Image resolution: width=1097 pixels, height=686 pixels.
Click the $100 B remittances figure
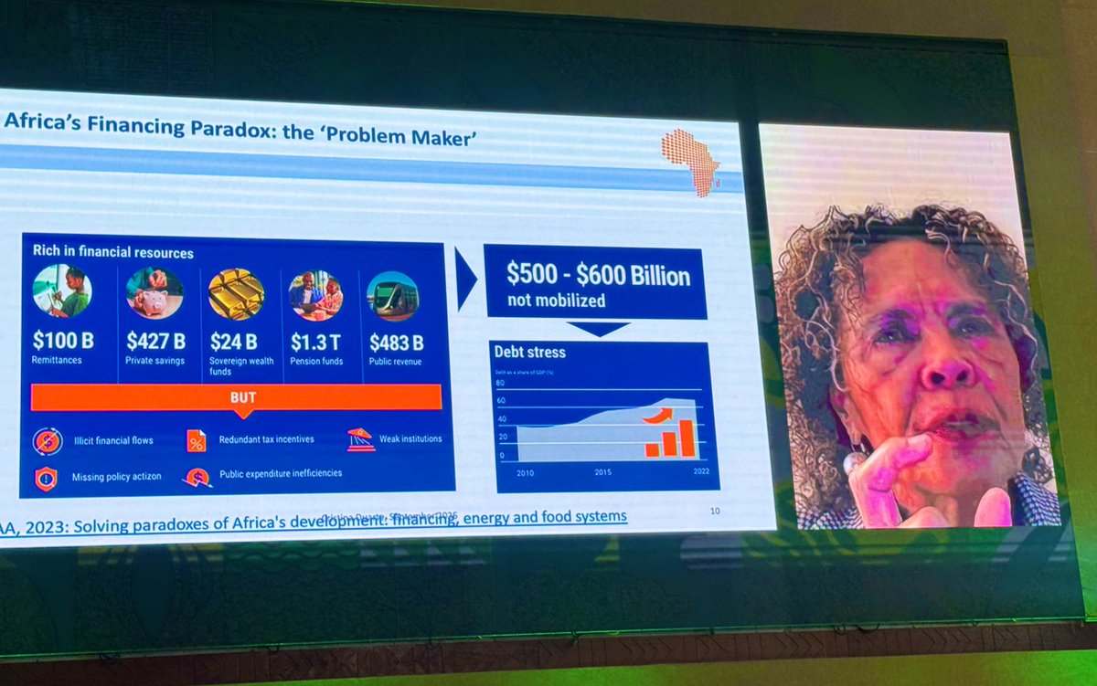[x=63, y=341]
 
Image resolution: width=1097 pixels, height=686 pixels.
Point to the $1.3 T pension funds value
[x=315, y=342]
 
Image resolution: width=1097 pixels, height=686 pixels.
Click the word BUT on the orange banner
[x=243, y=397]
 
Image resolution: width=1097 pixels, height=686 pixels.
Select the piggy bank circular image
[x=154, y=292]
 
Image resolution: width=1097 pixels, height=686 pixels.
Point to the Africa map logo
[x=691, y=161]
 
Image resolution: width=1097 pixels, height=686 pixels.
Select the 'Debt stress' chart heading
[x=530, y=352]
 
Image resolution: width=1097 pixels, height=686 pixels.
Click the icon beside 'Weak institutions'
[x=360, y=439]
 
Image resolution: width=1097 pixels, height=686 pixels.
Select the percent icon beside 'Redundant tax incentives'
[x=197, y=440]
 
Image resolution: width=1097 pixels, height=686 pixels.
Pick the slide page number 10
[x=714, y=511]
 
